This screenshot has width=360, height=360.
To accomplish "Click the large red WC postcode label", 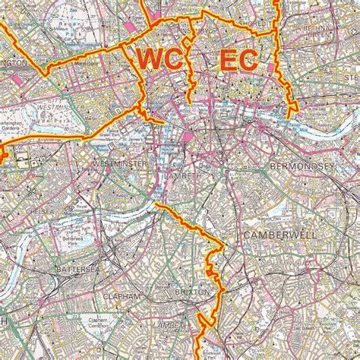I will [x=160, y=59].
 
